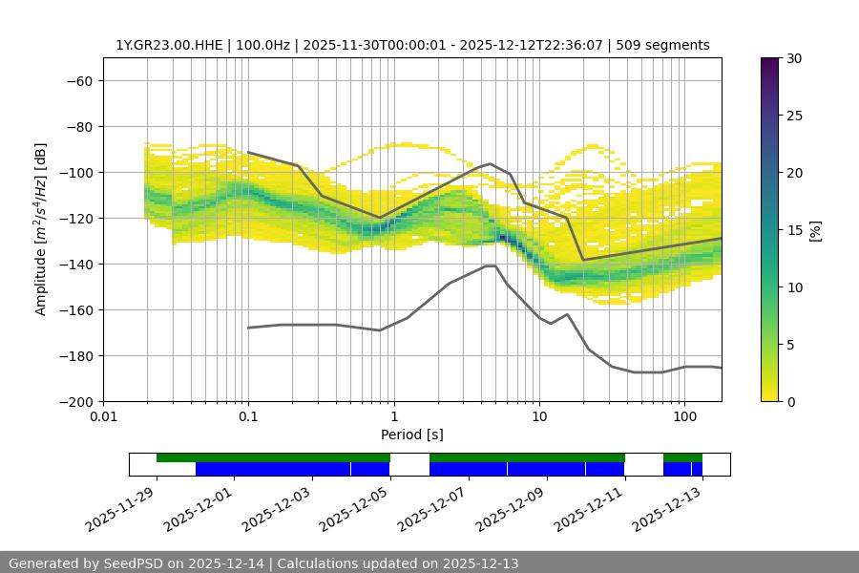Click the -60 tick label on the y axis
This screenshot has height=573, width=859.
point(79,80)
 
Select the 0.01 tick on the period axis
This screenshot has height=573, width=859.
point(103,417)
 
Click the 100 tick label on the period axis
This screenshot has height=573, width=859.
point(683,417)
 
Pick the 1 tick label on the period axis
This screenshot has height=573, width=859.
point(393,417)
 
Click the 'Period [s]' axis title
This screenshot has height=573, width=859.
point(412,435)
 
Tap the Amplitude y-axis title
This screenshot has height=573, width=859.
point(41,229)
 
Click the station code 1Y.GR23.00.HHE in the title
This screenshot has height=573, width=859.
point(169,45)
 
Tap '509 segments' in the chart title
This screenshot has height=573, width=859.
point(665,45)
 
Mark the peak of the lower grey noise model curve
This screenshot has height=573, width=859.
point(491,265)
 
